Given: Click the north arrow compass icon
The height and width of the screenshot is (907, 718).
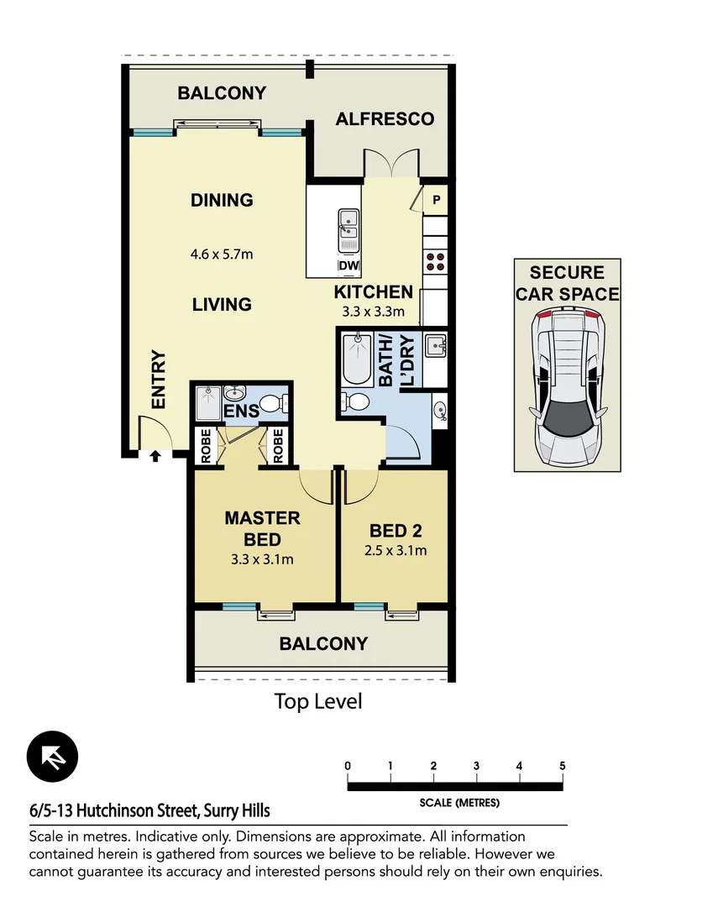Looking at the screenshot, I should click(x=52, y=757).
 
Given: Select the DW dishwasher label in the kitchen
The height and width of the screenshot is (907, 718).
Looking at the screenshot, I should click(x=348, y=266).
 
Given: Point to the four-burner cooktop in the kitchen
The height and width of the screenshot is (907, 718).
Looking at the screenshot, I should click(x=435, y=262).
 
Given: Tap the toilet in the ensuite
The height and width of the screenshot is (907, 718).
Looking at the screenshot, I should click(x=273, y=404).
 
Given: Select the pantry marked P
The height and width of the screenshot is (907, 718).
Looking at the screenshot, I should click(x=436, y=200).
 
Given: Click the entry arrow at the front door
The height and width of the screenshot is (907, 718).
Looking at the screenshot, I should click(x=155, y=456).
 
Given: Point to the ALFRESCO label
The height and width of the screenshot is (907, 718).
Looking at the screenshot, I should click(x=385, y=119).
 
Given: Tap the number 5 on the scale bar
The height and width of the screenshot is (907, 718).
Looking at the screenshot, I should click(x=562, y=766).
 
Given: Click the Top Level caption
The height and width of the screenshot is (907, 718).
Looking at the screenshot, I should click(x=318, y=701).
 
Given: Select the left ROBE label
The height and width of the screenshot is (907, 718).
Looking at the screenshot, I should click(x=206, y=445).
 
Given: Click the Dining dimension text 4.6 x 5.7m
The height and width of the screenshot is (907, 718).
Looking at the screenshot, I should click(x=222, y=253).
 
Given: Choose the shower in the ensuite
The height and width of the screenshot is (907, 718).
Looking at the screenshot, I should click(x=207, y=405).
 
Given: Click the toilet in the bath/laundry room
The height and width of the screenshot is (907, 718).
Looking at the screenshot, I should click(x=356, y=402).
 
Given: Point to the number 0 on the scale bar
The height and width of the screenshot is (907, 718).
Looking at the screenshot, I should click(x=348, y=766).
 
